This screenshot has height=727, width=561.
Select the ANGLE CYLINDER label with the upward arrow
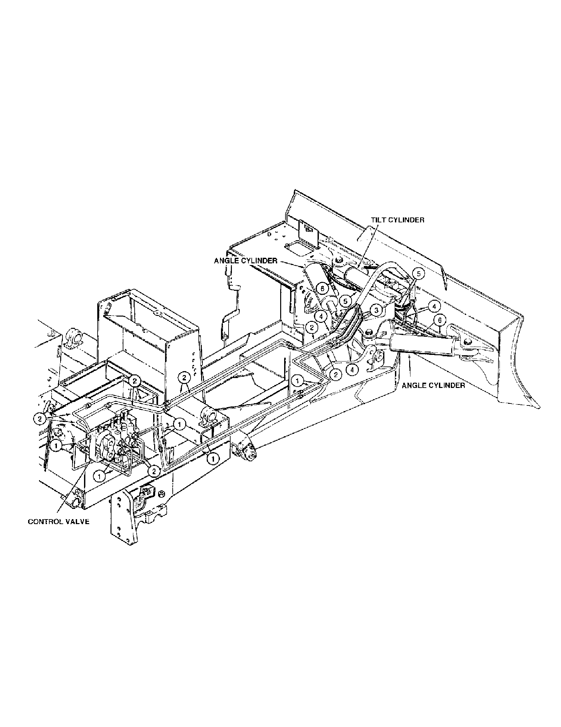click(433, 385)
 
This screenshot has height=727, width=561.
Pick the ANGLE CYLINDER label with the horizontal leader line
click(245, 261)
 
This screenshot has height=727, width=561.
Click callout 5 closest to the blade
click(419, 274)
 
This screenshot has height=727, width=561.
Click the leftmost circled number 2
click(40, 419)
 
